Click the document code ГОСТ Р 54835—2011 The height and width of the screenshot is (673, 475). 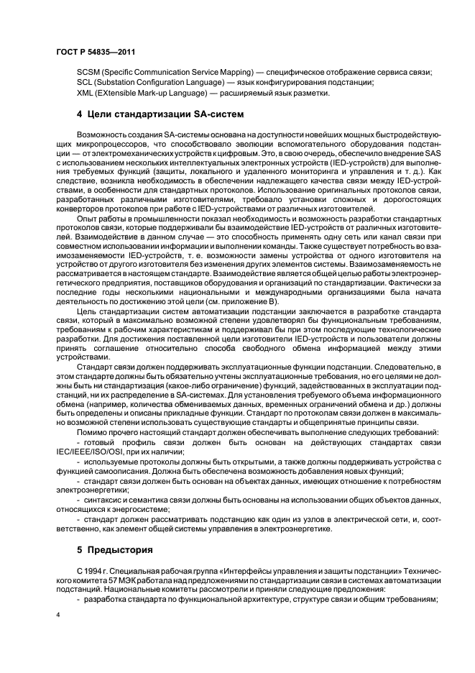click(x=96, y=51)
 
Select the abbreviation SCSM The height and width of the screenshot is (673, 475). click(x=88, y=73)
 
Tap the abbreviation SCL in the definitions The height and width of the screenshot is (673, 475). click(x=86, y=83)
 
